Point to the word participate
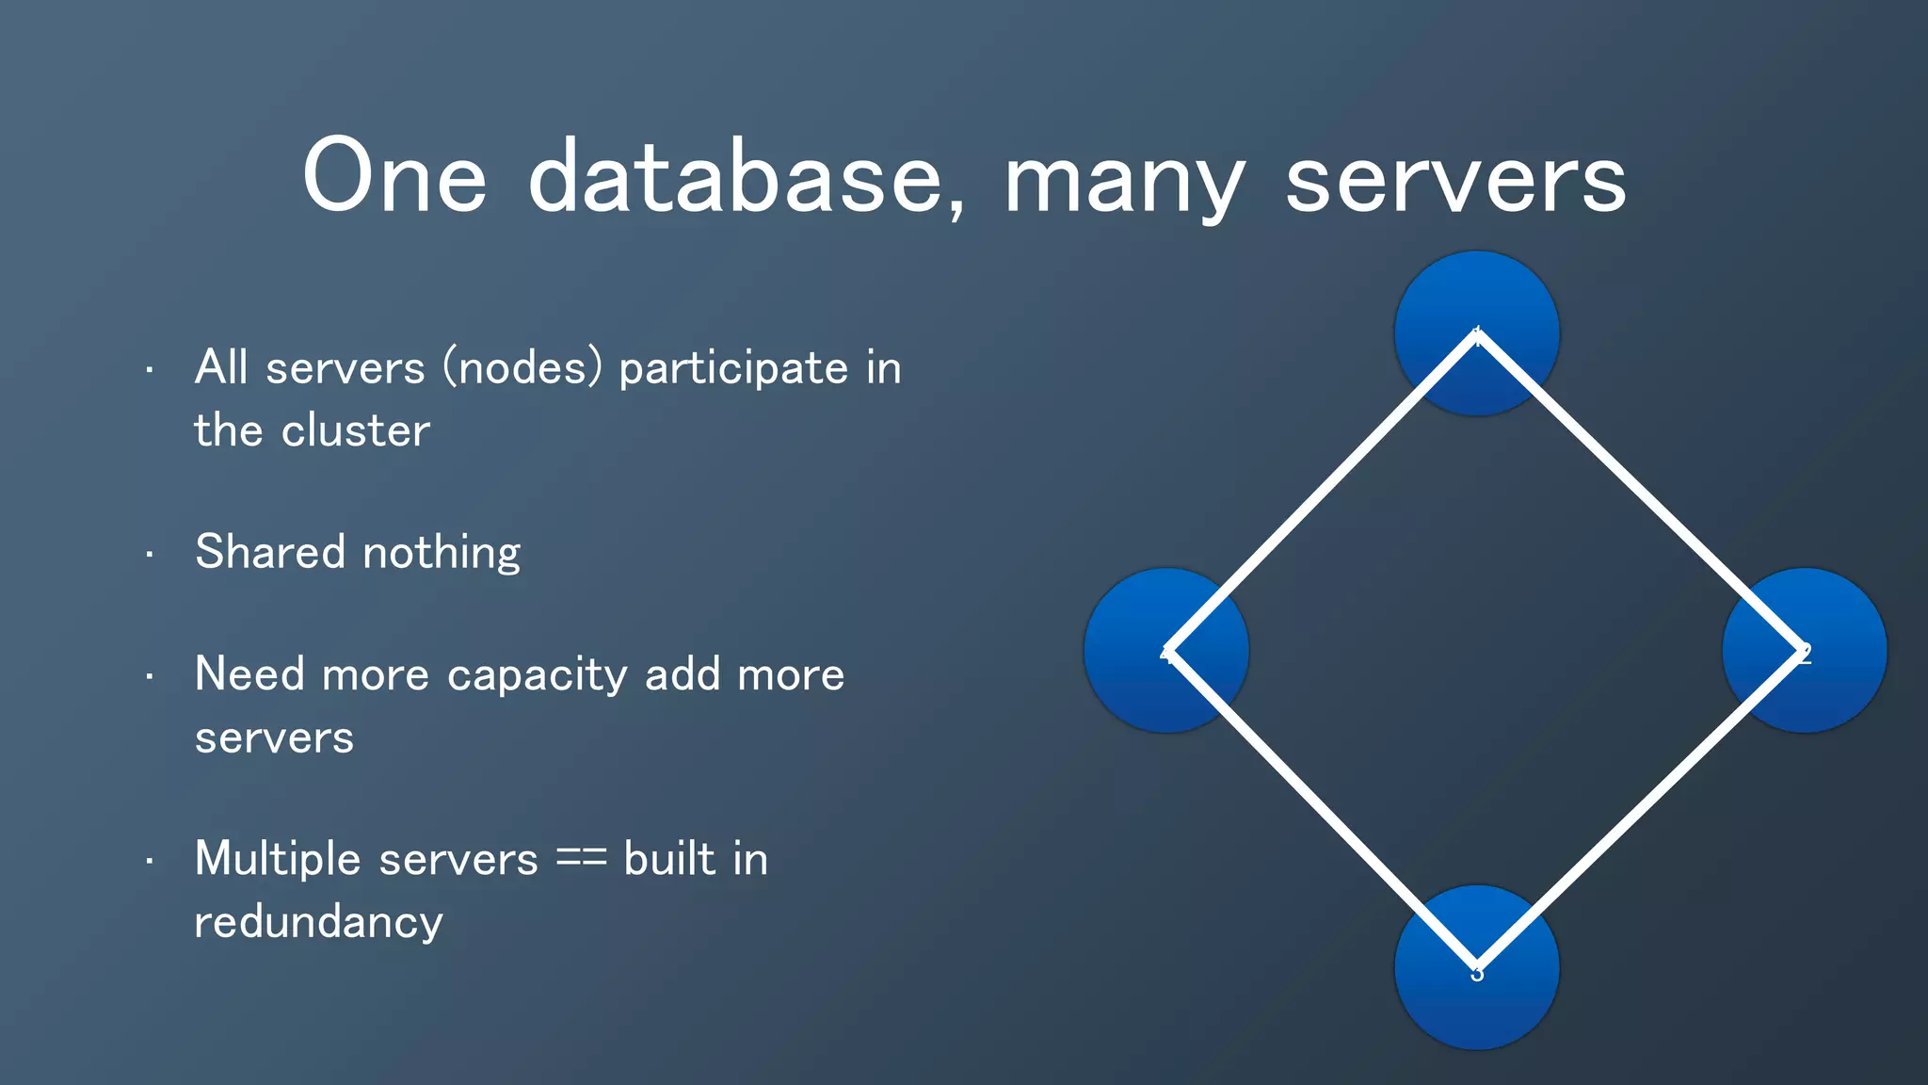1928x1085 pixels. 733,369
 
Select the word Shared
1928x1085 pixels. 270,552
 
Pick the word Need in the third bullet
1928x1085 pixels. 249,674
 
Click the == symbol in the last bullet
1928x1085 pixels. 581,859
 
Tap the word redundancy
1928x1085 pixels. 318,923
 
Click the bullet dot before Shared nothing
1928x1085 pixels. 150,556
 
